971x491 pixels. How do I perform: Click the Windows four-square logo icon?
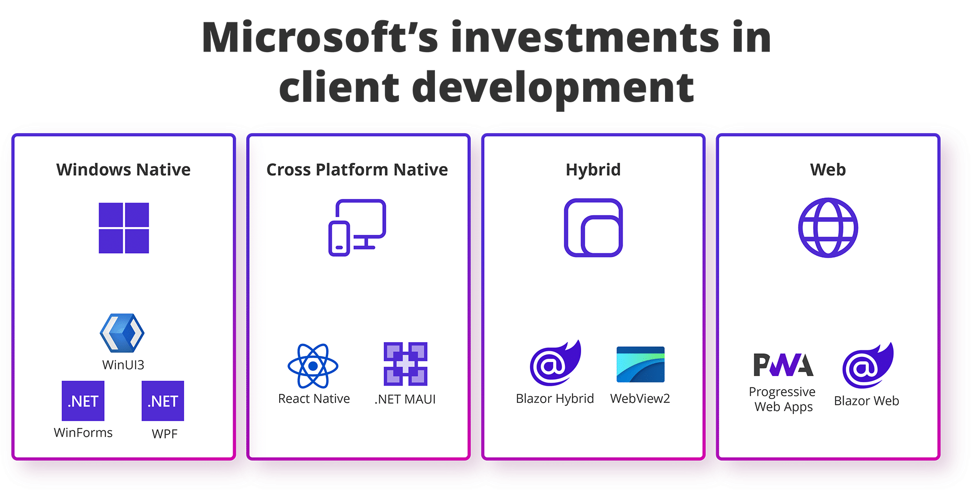(x=124, y=228)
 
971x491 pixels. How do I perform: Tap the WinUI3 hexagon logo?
(x=122, y=333)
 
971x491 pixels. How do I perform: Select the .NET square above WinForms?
(x=83, y=401)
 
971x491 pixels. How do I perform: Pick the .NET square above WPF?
(x=163, y=401)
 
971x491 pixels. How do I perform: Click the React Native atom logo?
(x=313, y=365)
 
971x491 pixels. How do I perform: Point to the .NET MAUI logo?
(x=406, y=364)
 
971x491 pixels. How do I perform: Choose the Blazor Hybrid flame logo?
(x=555, y=362)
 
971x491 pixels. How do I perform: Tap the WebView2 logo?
(x=640, y=364)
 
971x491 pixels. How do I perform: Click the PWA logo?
(x=783, y=365)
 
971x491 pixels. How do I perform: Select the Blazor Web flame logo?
(x=868, y=365)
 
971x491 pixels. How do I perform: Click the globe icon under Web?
(x=828, y=228)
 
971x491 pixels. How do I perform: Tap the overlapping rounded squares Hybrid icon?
(x=593, y=228)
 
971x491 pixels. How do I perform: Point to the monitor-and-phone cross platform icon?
(x=358, y=228)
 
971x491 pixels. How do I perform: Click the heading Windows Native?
(x=123, y=170)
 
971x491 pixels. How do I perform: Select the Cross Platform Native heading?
(x=357, y=170)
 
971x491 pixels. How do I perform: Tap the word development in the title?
(x=553, y=87)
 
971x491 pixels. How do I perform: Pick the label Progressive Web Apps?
(x=783, y=399)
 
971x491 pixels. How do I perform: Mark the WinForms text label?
(x=83, y=433)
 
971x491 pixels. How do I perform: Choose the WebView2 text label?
(x=640, y=398)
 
